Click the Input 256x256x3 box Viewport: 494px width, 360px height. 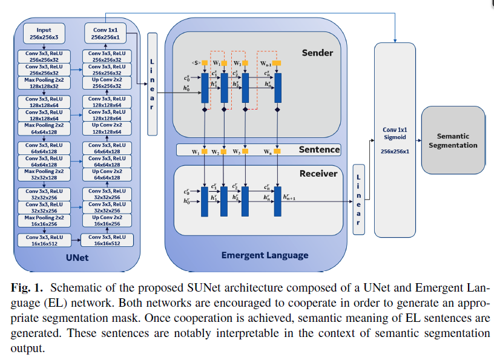click(44, 33)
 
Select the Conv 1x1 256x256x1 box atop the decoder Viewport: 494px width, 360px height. click(105, 33)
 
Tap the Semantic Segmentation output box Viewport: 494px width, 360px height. click(457, 141)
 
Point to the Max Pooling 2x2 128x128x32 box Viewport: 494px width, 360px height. click(44, 83)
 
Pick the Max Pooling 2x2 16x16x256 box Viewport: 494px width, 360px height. click(44, 221)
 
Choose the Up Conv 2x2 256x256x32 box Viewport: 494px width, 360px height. click(107, 83)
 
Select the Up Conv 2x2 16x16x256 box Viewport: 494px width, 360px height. click(107, 221)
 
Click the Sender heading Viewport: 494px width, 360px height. click(317, 53)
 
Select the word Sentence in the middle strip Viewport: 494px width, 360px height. click(320, 149)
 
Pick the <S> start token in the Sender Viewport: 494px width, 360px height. click(196, 62)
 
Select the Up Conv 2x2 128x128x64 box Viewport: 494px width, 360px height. click(107, 128)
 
